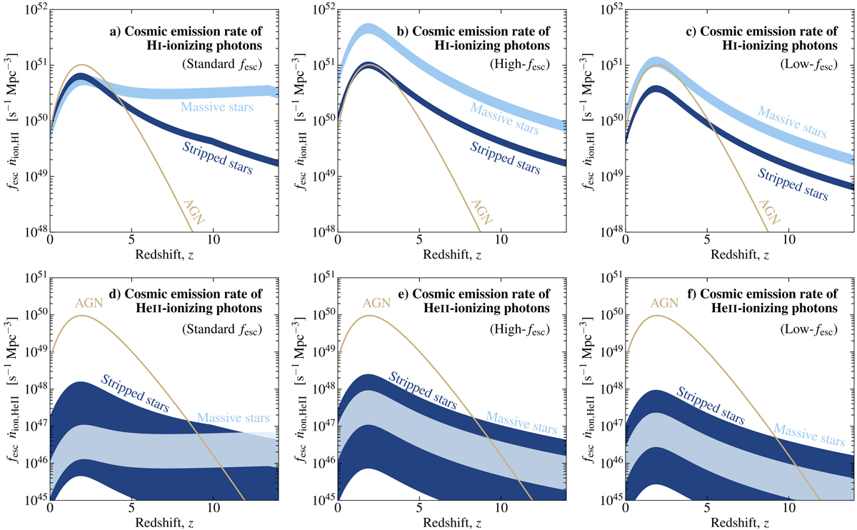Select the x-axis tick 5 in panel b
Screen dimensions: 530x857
(419, 242)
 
